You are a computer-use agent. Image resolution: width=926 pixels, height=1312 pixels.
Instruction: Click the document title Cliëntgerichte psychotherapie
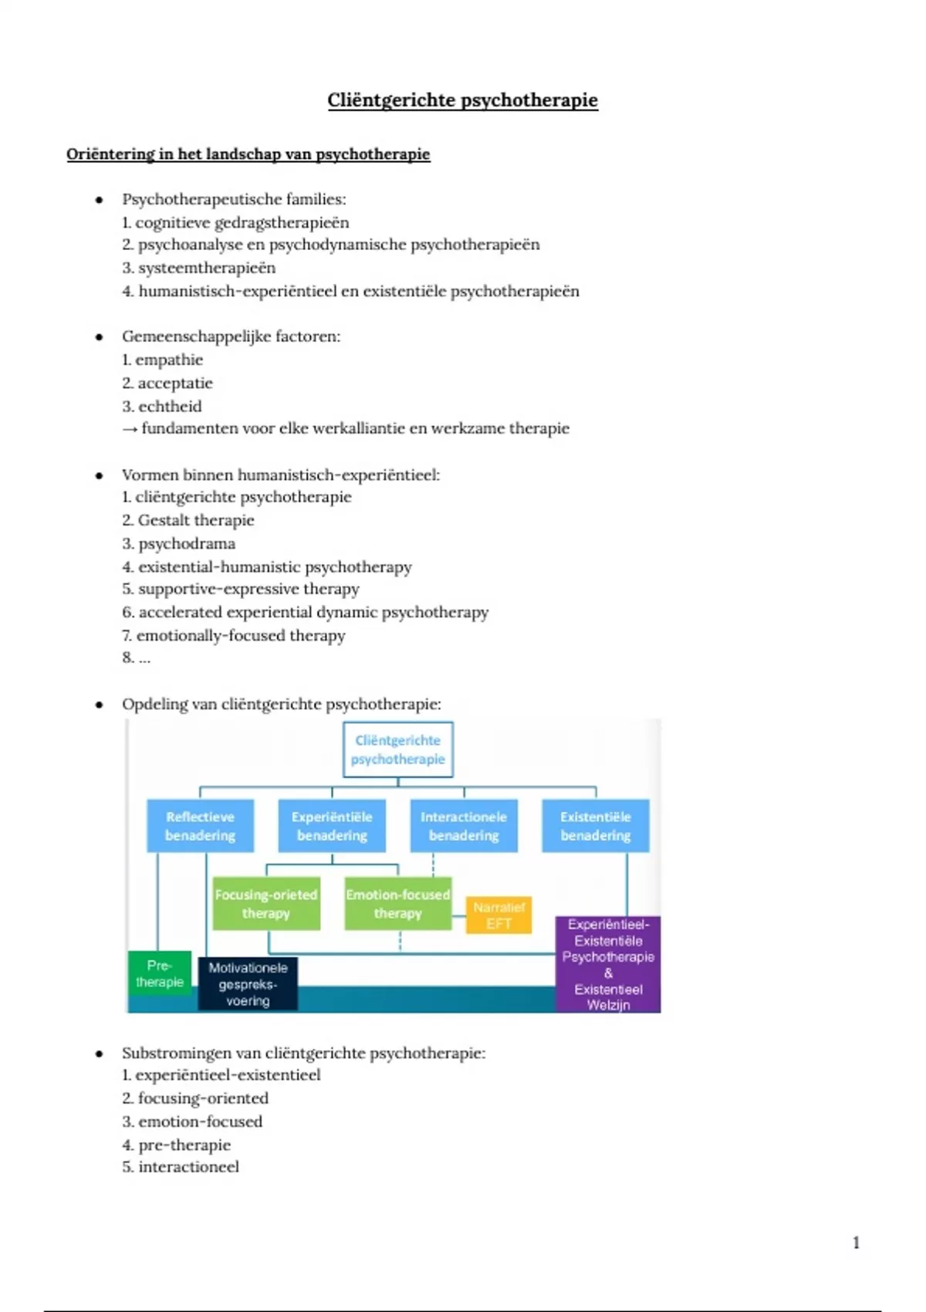click(462, 100)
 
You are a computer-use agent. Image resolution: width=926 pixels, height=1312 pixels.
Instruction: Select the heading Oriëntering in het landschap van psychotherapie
click(248, 154)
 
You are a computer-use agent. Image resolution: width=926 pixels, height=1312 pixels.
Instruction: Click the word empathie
click(169, 360)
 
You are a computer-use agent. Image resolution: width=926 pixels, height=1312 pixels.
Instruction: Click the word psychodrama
click(186, 543)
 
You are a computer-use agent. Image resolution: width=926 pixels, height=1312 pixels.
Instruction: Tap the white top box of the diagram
click(397, 749)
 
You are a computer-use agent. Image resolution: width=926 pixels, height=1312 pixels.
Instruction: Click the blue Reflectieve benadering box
click(200, 826)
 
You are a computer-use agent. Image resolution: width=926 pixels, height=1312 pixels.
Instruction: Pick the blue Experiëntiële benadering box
click(332, 826)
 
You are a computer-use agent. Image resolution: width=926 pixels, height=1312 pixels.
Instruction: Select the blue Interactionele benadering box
click(464, 826)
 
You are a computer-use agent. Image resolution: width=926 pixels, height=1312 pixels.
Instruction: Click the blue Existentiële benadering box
click(595, 826)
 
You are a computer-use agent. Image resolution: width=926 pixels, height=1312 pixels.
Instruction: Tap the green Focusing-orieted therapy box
click(266, 904)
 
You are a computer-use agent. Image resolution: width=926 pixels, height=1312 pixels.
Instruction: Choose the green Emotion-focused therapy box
click(397, 904)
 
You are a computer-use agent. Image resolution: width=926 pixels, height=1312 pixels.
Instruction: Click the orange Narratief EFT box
click(498, 915)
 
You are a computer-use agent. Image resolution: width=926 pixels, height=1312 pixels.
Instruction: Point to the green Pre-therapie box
click(159, 973)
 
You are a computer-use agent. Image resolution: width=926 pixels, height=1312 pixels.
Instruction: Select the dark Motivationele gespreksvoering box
click(248, 984)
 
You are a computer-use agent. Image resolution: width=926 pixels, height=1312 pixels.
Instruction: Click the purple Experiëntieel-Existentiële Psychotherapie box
click(608, 964)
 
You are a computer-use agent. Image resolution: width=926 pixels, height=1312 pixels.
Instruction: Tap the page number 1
click(856, 1242)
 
